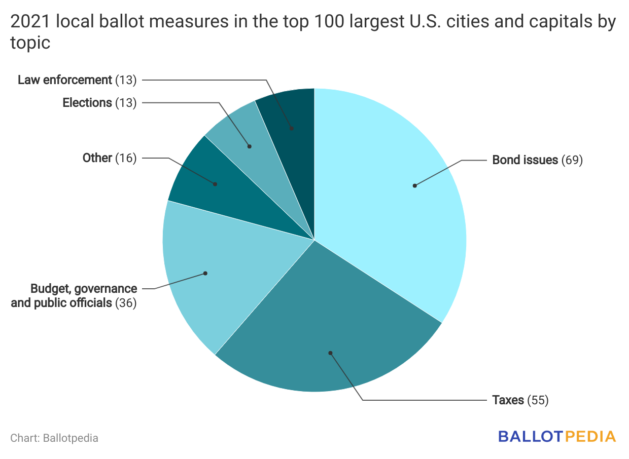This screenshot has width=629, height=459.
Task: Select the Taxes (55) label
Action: (x=520, y=400)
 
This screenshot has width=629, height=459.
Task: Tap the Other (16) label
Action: (x=110, y=158)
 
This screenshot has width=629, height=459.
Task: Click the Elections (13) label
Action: (x=99, y=103)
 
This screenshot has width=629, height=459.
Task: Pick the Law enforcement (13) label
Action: (x=77, y=80)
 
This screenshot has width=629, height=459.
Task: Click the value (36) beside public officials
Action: (x=126, y=303)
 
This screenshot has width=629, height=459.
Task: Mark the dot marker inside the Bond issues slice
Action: (x=414, y=185)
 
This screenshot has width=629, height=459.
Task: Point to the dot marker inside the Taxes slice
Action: (x=330, y=353)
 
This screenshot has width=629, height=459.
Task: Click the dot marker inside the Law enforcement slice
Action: (x=292, y=129)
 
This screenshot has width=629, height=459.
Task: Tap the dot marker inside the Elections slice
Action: (x=250, y=146)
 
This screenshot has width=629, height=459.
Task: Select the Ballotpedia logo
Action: (x=557, y=437)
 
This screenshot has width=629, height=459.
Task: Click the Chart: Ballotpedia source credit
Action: (x=54, y=438)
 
